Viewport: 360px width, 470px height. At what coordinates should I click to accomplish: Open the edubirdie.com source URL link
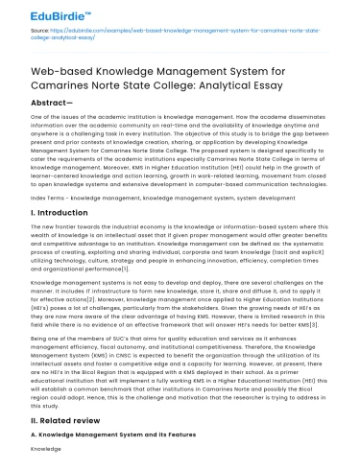pyautogui.click(x=182, y=33)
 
